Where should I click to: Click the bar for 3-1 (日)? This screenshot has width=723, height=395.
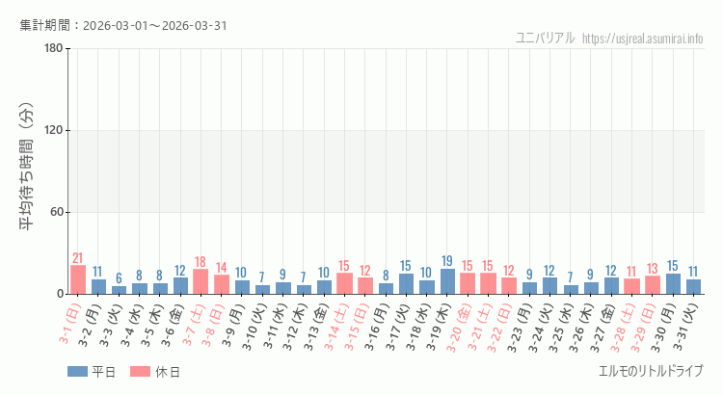pos(78,279)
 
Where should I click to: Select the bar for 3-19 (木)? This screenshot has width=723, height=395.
pos(447,281)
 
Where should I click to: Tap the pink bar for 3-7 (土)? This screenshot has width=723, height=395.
pos(201,281)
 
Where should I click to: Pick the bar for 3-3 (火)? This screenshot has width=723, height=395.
pos(119,289)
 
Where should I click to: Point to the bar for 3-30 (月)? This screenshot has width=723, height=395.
pos(673,283)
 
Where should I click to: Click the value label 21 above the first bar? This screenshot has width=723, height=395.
pos(78,258)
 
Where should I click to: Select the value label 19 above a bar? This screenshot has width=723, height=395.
pos(447,261)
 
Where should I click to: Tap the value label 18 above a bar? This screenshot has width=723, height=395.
pos(201,262)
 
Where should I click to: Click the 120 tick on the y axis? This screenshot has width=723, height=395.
pos(54,130)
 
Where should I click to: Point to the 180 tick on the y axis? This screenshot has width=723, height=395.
pos(54,49)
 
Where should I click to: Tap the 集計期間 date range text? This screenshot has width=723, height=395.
pos(123,25)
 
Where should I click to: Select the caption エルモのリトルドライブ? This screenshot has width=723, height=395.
pos(651,371)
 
